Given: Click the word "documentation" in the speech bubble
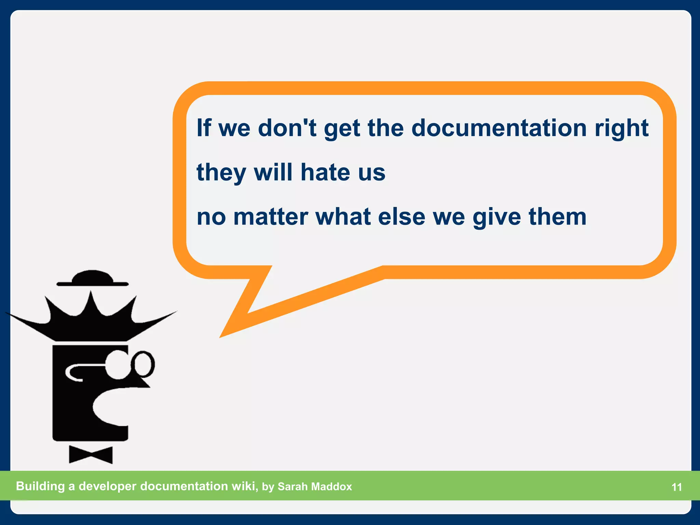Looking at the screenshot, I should (499, 128).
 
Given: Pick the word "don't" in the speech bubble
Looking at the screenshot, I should (287, 128).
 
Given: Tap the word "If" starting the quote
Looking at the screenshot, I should (204, 128).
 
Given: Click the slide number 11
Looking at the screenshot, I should (677, 487).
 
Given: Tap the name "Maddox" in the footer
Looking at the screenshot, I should (332, 486).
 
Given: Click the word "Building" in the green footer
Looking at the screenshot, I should (40, 486).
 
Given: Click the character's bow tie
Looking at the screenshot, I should (91, 455).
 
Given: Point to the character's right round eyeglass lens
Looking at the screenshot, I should (143, 364).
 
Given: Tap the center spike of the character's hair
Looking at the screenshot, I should (91, 301).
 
